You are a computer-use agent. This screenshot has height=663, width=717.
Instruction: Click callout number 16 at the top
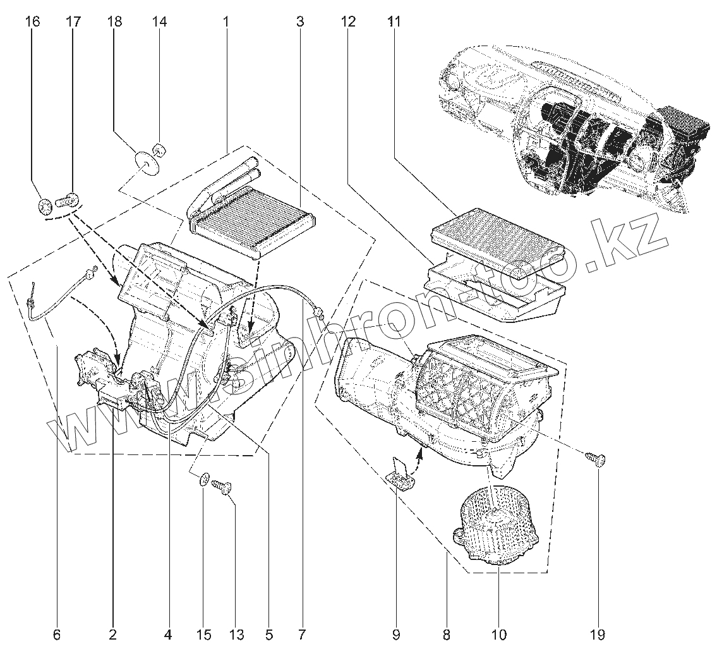tap(33, 22)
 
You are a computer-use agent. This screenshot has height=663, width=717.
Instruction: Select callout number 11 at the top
tap(394, 22)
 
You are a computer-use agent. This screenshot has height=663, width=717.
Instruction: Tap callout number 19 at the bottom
tap(598, 634)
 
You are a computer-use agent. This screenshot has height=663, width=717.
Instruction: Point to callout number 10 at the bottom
tap(498, 634)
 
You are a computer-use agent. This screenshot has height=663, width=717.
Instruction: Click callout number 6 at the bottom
tap(56, 634)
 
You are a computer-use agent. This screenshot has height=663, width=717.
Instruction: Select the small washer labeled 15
tap(203, 478)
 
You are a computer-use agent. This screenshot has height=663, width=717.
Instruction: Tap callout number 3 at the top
tap(299, 22)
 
